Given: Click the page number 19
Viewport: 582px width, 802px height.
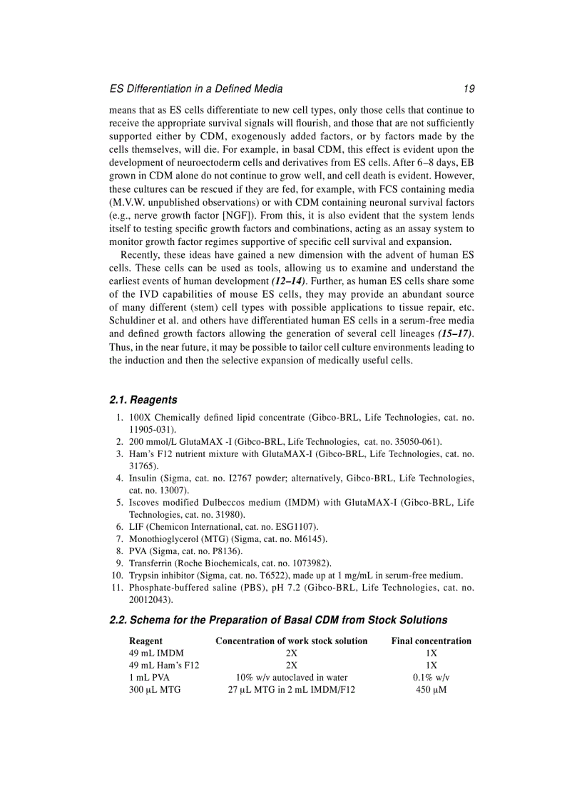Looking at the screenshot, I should click(x=468, y=89).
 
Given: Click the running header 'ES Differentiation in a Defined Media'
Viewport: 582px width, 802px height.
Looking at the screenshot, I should click(x=195, y=89).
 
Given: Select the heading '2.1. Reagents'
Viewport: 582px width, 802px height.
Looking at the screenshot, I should click(x=143, y=400).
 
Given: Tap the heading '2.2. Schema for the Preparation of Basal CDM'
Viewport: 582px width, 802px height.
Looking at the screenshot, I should click(x=278, y=620).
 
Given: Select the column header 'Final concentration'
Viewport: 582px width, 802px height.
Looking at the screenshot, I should click(x=431, y=641).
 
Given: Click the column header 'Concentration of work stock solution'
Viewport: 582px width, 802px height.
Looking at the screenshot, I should click(x=291, y=641).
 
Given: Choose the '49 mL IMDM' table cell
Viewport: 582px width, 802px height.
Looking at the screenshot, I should click(x=156, y=653).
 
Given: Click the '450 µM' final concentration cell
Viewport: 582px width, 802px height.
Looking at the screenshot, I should click(x=431, y=690).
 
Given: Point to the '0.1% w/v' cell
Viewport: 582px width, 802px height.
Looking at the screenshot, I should click(x=431, y=678).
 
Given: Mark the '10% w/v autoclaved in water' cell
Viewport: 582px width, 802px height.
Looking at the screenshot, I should click(x=291, y=678).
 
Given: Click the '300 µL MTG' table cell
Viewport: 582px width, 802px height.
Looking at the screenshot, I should click(x=155, y=690).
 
